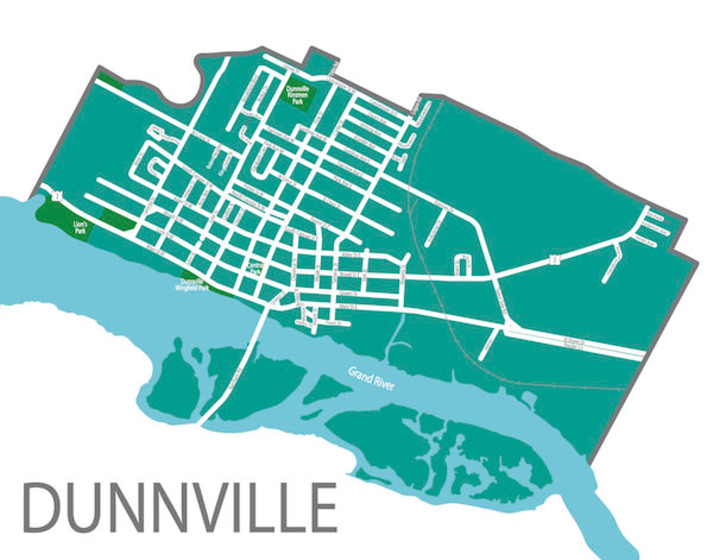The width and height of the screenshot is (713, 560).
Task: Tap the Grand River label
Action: click(x=371, y=378)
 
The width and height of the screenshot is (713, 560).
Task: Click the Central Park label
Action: click(x=255, y=269)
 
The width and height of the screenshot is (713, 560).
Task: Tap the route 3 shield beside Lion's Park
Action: click(x=57, y=196)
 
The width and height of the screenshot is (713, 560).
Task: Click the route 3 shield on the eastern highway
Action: click(x=555, y=260)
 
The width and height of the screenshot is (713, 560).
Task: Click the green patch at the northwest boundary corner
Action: click(x=110, y=80)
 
